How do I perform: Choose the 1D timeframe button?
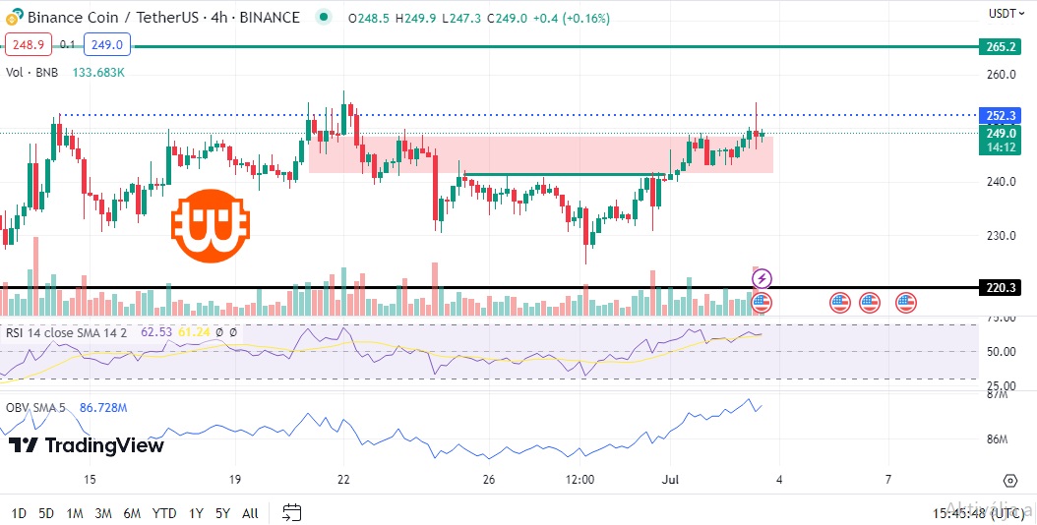pyautogui.click(x=19, y=512)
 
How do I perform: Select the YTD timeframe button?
pyautogui.click(x=164, y=512)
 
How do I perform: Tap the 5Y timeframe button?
pyautogui.click(x=222, y=512)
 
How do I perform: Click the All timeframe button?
pyautogui.click(x=250, y=512)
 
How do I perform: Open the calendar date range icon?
pyautogui.click(x=291, y=512)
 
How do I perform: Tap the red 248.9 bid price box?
pyautogui.click(x=29, y=44)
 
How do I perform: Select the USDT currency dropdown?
pyautogui.click(x=1005, y=13)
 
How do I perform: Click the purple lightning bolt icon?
pyautogui.click(x=762, y=279)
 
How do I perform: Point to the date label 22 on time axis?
pyautogui.click(x=342, y=480)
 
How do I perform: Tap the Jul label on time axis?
pyautogui.click(x=671, y=480)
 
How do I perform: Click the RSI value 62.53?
pyautogui.click(x=156, y=332)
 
